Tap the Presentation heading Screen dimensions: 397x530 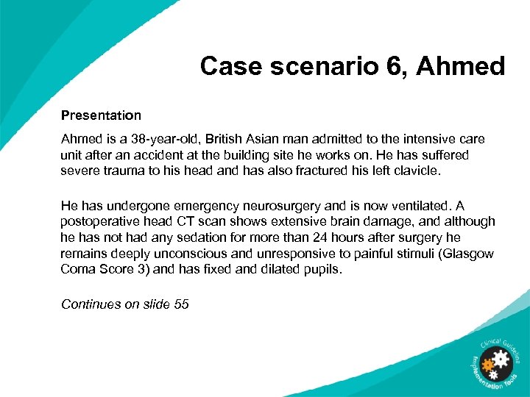tap(101, 115)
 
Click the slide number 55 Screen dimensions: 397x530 tap(181, 304)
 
